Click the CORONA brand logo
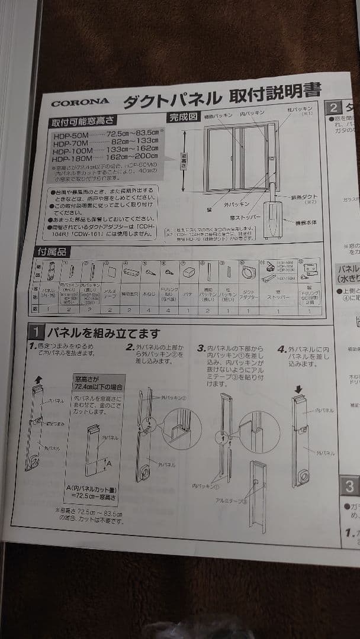pos(79,103)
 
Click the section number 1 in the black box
pos(36,333)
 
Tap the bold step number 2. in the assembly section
pos(131,347)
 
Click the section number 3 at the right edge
pos(350,486)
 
